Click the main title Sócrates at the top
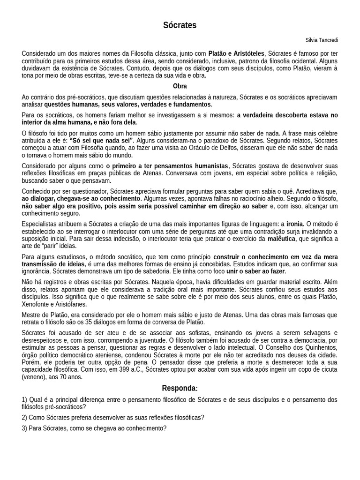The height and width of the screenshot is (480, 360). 180,25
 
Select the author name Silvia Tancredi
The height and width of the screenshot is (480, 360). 321,40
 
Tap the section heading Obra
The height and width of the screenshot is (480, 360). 180,86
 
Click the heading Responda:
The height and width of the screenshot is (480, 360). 180,388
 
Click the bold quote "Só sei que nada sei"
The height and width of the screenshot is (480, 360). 101,140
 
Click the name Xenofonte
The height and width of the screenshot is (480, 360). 35,305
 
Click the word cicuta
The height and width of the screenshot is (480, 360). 328,369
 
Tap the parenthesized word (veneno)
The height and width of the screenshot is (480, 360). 34,376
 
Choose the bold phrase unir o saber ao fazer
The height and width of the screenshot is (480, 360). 256,271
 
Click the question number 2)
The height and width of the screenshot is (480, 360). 25,417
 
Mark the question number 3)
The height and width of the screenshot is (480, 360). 25,428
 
